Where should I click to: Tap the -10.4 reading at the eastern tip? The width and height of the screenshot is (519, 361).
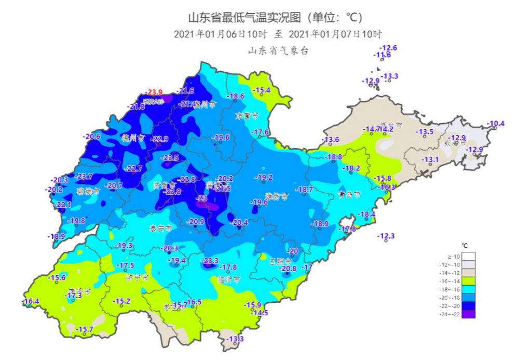coord(496,124)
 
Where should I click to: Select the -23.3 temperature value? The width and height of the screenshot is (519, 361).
coord(210,260)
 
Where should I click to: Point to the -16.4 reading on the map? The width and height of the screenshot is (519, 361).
coord(31,301)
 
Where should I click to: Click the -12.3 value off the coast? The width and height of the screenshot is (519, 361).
coord(386,236)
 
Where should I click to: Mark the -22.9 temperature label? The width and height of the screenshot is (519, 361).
coord(160,139)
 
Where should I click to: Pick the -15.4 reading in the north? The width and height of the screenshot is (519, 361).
coord(262,90)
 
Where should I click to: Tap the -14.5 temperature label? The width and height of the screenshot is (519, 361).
coord(259,313)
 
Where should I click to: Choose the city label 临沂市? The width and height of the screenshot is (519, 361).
coord(229,279)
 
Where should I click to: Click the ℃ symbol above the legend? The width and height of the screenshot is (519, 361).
coord(465,245)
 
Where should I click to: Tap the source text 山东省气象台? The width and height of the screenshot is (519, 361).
coord(278,50)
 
